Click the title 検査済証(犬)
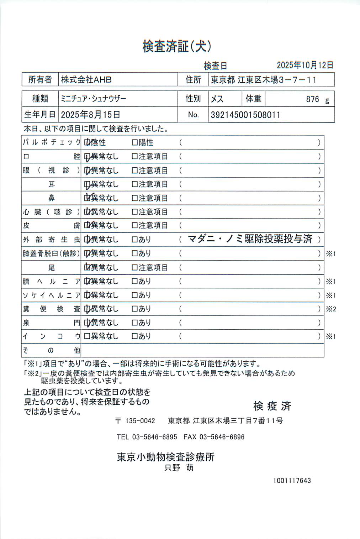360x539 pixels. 177,46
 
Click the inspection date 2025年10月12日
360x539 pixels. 305,65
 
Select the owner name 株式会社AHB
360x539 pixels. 86,80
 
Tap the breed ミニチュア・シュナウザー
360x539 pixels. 94,99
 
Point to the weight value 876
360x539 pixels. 312,99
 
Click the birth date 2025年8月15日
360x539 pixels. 90,115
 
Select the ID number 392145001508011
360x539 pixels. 245,115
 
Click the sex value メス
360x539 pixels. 217,99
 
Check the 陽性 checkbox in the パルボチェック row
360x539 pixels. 134,142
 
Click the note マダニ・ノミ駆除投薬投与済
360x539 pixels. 250,239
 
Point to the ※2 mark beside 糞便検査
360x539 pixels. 331,309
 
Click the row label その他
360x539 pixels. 51,350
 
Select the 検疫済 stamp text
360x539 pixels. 272,406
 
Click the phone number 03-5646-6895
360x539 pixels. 154,437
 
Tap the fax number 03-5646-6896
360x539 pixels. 222,437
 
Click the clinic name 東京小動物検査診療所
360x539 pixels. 166,457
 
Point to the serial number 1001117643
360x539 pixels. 292,480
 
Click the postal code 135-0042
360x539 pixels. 140,421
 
